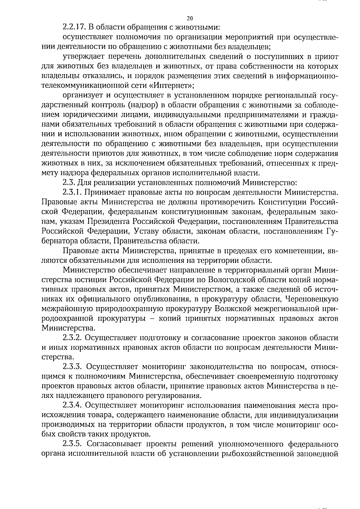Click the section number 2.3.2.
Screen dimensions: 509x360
click(x=72, y=338)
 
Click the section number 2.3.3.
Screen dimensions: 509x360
click(x=72, y=367)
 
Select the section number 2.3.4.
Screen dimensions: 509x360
click(x=72, y=405)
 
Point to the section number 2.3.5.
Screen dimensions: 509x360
click(x=72, y=444)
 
